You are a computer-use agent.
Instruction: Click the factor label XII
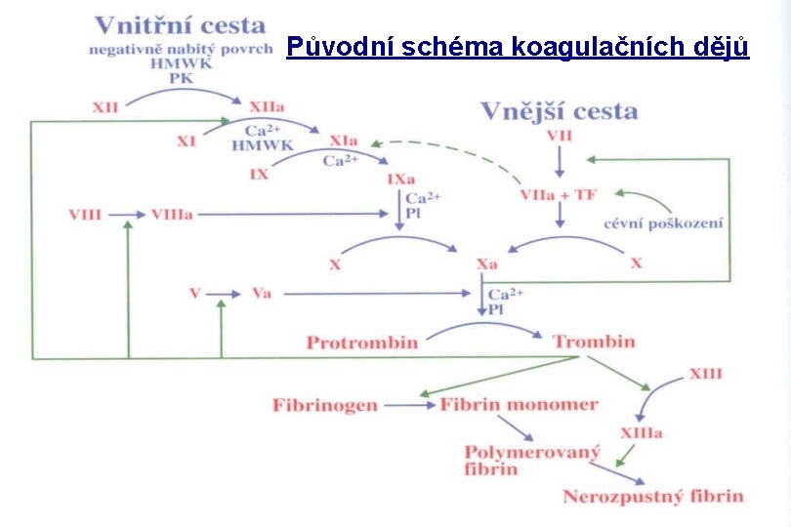pos(105,106)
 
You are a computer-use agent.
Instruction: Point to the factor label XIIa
pos(267,106)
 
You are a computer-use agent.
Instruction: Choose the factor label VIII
pos(85,214)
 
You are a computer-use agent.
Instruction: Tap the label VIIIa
pos(172,214)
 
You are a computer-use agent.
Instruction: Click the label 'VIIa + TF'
pos(558,194)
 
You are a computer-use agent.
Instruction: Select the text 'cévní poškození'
pos(663,223)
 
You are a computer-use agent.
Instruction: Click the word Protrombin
pos(361,343)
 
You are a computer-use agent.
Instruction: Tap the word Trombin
pos(594,342)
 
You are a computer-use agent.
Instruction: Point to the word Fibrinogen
pos(325,404)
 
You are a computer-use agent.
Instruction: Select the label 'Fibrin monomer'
pos(519,404)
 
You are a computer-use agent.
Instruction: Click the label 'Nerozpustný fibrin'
pos(652,496)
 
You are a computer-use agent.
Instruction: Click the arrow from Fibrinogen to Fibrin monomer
pos(408,404)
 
